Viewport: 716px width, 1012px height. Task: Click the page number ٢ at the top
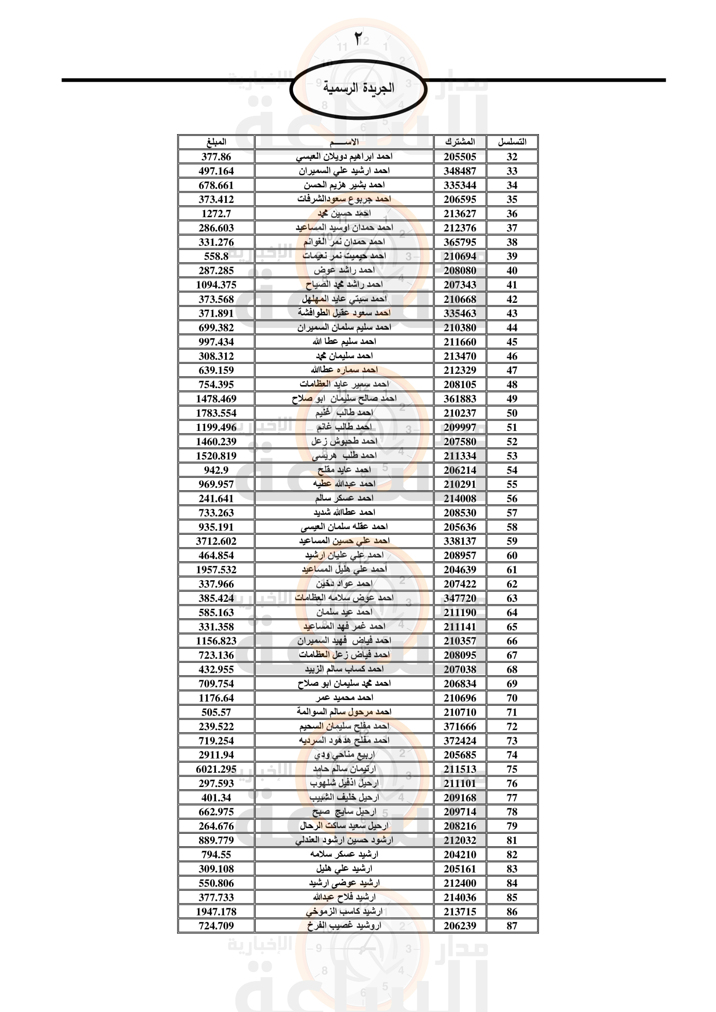[358, 39]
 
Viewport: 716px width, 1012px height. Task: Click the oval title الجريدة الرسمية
[358, 88]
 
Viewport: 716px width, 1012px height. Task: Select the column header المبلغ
[216, 142]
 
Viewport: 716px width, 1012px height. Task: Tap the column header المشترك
[460, 142]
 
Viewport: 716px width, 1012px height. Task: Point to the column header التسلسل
[512, 142]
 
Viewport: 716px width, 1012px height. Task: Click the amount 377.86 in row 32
[216, 157]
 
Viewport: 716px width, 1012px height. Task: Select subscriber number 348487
[460, 171]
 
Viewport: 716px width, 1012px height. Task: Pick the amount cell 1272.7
[216, 214]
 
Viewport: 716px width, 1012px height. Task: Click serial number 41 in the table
[512, 285]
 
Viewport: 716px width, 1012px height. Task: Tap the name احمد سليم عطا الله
[344, 342]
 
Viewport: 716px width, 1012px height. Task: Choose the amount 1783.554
[216, 413]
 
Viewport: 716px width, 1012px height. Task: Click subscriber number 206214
[460, 470]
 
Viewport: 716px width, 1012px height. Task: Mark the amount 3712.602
[216, 541]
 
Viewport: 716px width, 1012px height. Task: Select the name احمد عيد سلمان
[344, 612]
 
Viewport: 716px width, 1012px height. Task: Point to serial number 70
[512, 698]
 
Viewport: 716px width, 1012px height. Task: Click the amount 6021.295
[216, 769]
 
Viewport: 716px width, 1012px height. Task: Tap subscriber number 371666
[460, 726]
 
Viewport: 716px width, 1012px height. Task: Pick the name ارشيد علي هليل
[344, 869]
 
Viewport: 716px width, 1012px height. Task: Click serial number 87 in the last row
[512, 925]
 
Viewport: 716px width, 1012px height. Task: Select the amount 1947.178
[216, 912]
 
